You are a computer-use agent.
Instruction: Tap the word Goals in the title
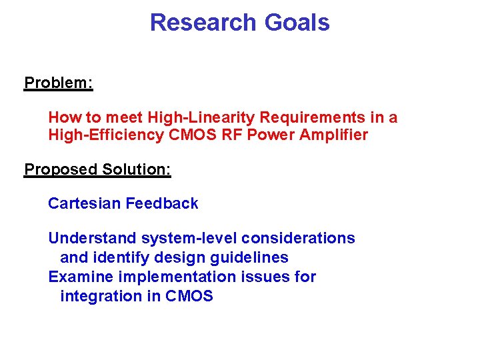coord(297,23)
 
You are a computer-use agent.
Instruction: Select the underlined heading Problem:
coord(59,83)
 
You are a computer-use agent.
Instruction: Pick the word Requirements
coord(311,118)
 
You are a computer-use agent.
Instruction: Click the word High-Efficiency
coord(99,135)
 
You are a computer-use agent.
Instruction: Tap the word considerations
coord(298,238)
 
